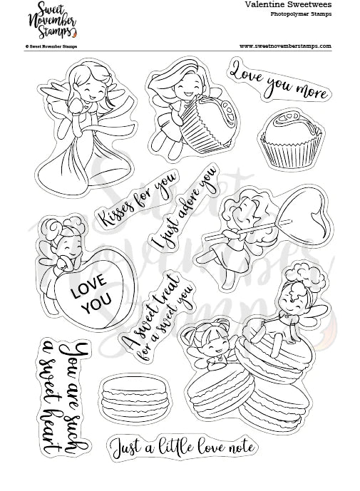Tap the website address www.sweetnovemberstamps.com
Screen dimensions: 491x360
click(285, 46)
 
